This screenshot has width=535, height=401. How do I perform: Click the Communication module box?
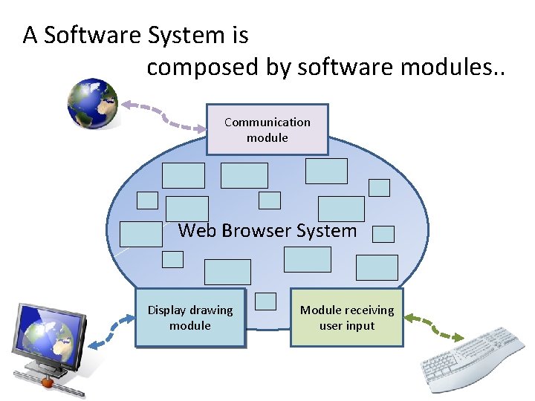[267, 129]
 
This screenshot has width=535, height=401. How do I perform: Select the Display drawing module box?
[189, 318]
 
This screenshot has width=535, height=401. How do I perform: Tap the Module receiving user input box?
[346, 318]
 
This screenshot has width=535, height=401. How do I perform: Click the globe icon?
[92, 103]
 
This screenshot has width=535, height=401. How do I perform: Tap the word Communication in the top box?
[267, 122]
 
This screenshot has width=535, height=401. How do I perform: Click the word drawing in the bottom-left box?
[213, 310]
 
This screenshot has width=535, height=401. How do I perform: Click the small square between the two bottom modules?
[265, 301]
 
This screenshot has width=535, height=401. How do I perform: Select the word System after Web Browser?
[326, 230]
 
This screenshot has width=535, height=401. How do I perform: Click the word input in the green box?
[360, 326]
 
